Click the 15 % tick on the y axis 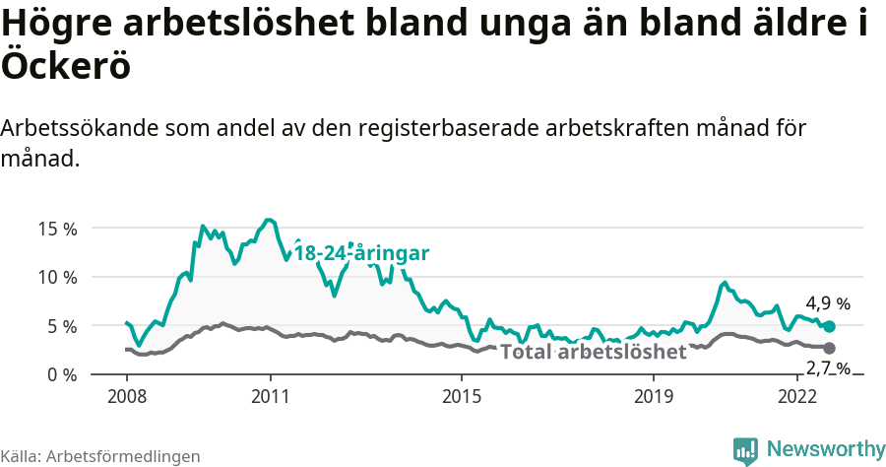pos(58,229)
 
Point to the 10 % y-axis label pos(58,277)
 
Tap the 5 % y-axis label pos(63,326)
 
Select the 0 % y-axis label pos(63,374)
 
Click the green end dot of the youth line pos(830,326)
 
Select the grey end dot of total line pos(830,348)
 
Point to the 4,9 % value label pos(828,303)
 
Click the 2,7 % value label pos(828,368)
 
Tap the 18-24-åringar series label pos(362,253)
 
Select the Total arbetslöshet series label pos(593,352)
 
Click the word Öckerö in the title pos(66,67)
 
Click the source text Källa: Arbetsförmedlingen pos(100,456)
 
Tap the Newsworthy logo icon pos(745,450)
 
